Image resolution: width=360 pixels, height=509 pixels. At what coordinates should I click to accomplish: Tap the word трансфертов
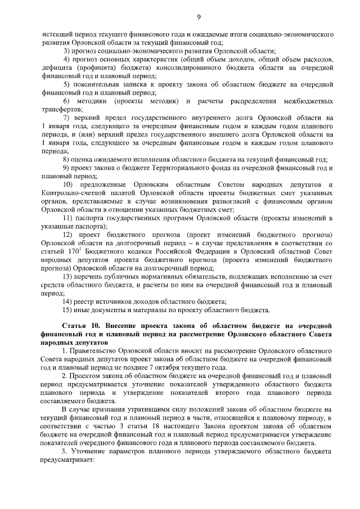point(61,109)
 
